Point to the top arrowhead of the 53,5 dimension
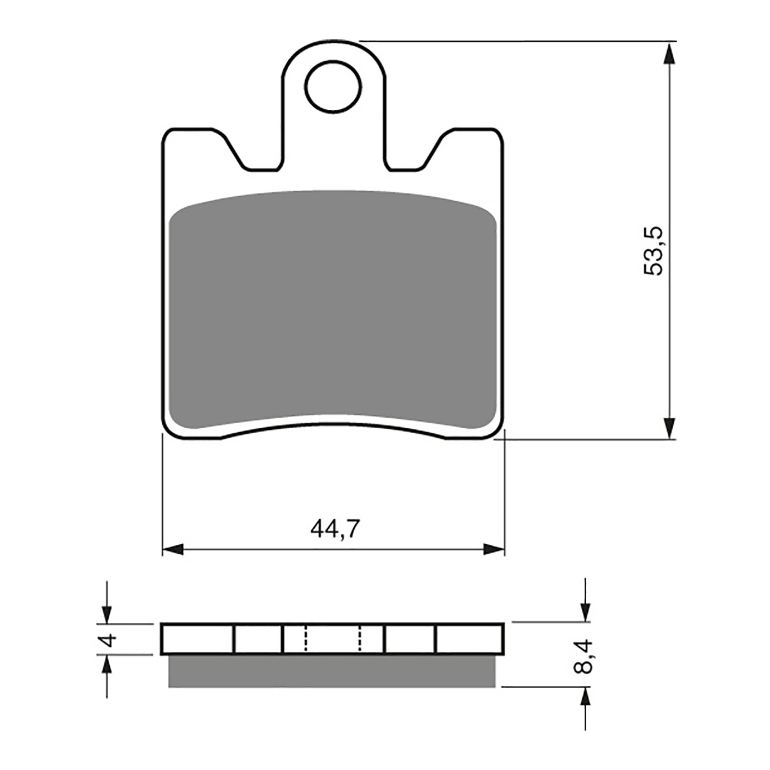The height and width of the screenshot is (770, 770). click(x=668, y=53)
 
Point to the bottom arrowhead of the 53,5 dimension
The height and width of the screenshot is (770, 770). click(x=668, y=427)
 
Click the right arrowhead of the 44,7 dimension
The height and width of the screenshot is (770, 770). click(x=494, y=549)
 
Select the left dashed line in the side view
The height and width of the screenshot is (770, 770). click(x=305, y=639)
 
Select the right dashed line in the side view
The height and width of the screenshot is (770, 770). click(x=360, y=639)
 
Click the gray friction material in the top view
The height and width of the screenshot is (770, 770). click(x=332, y=308)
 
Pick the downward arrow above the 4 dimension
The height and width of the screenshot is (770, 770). click(x=107, y=614)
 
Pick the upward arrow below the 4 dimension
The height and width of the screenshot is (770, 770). click(x=107, y=667)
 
